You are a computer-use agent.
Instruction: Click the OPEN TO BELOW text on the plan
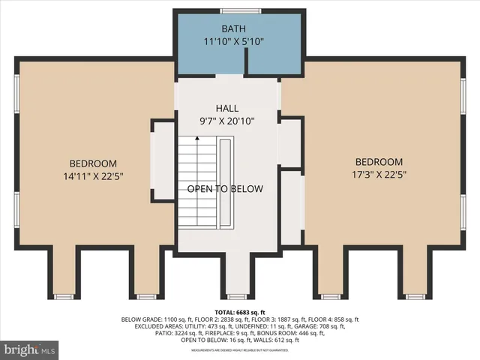(x=225, y=189)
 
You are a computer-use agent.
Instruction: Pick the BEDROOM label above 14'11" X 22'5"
(x=93, y=164)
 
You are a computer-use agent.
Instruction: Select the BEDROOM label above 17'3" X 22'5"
(x=379, y=162)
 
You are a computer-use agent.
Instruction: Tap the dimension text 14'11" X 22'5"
(x=93, y=178)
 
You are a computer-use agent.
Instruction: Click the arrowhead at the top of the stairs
(x=197, y=138)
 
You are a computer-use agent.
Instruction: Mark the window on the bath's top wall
(x=236, y=10)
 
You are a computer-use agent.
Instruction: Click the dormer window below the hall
(x=238, y=297)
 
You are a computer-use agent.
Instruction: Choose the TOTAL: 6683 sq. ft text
(x=240, y=311)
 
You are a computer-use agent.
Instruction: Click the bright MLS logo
(x=30, y=349)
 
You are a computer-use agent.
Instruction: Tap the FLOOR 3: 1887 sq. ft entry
(x=273, y=319)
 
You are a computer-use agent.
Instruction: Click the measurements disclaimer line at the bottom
(x=240, y=349)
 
